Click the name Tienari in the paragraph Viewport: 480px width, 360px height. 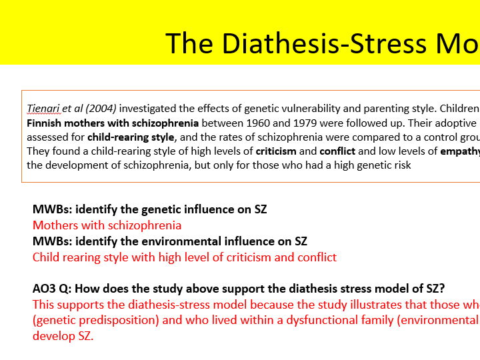(43, 109)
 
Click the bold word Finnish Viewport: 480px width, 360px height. (44, 123)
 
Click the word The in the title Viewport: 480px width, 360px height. (189, 43)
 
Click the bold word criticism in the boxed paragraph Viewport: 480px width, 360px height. (276, 151)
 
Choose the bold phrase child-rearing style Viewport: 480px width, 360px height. (131, 137)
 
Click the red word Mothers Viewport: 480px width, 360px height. (55, 225)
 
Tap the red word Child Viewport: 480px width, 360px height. (45, 257)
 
